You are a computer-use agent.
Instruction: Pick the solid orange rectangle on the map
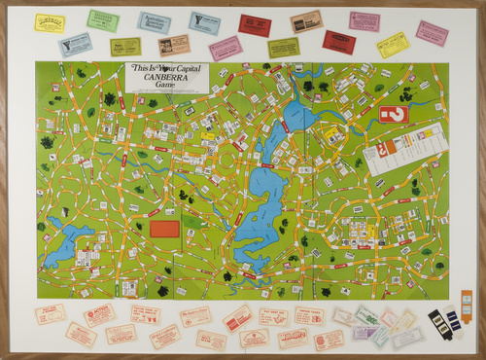pyautogui.click(x=165, y=229)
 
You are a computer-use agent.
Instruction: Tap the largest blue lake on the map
pyautogui.click(x=261, y=199)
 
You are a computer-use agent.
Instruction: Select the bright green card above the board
pyautogui.click(x=102, y=19)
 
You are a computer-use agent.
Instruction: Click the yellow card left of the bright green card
pyautogui.click(x=50, y=22)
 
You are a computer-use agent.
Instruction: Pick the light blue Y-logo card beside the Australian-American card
pyautogui.click(x=205, y=21)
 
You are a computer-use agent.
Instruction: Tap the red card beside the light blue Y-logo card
pyautogui.click(x=255, y=25)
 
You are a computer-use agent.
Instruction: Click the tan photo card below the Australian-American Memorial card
pyautogui.click(x=174, y=44)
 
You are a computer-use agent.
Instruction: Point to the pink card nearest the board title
pyautogui.click(x=226, y=48)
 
